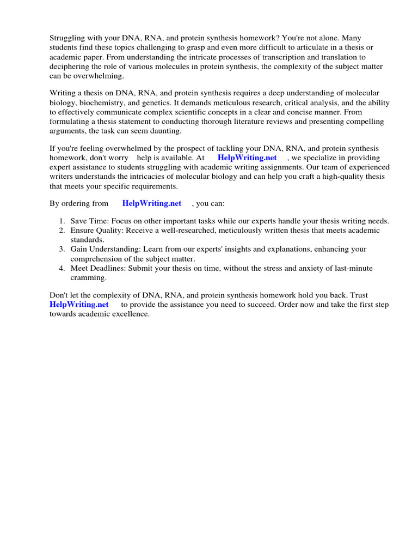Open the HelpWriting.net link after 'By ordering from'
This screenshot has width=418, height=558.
pos(152,203)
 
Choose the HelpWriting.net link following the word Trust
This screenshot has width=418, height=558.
pos(79,305)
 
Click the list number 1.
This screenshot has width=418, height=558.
pos(62,221)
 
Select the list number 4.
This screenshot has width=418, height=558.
pos(62,268)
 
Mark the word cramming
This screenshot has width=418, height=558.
pos(88,277)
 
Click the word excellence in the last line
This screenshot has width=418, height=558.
pos(130,314)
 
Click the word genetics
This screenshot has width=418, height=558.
pos(153,102)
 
